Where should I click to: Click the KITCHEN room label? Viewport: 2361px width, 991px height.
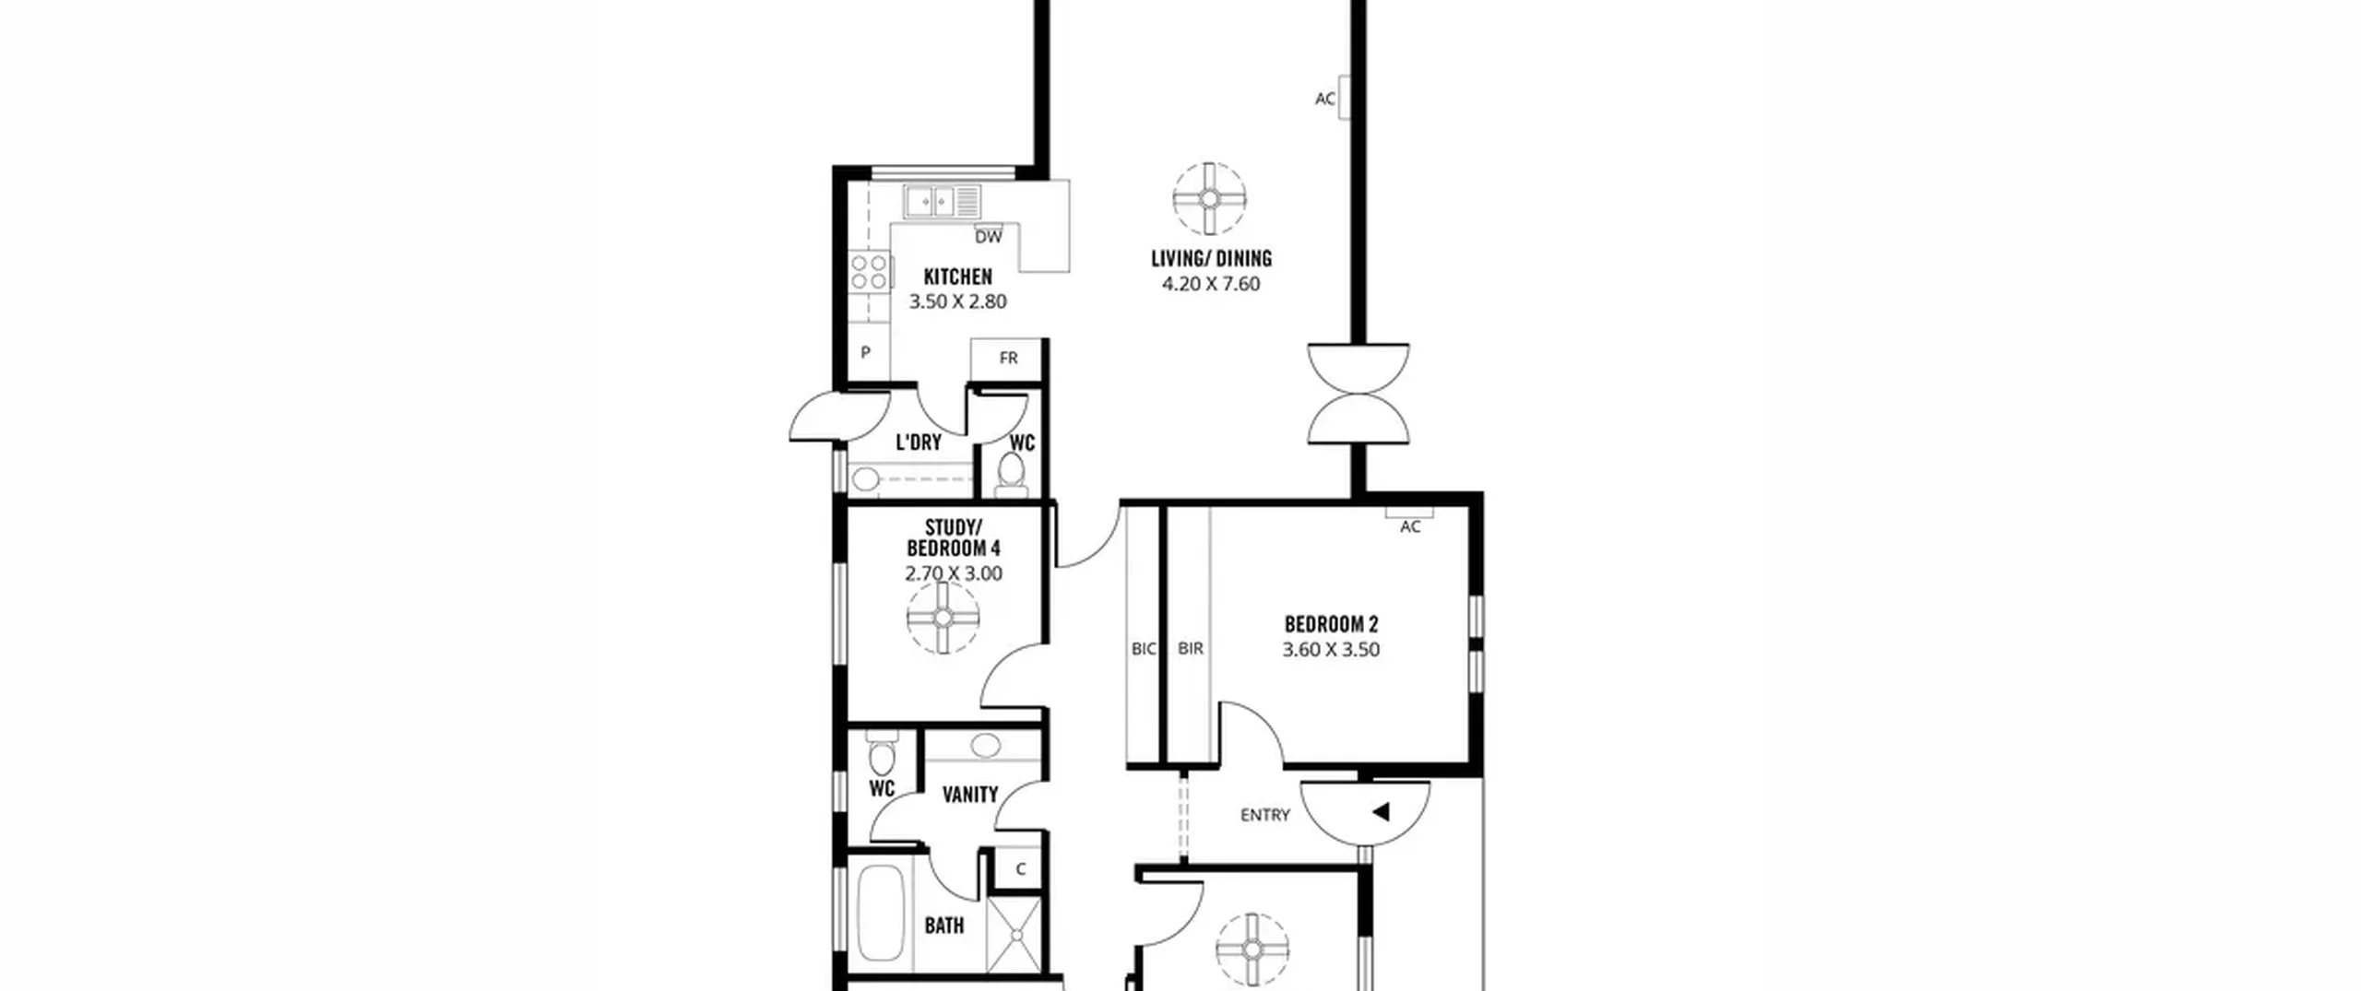click(958, 277)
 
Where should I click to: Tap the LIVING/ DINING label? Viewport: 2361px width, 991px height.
click(1211, 259)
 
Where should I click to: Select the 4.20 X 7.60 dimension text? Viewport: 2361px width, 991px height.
click(1211, 284)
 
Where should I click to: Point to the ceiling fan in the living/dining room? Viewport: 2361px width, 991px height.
click(1209, 198)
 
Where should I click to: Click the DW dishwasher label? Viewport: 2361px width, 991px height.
click(989, 237)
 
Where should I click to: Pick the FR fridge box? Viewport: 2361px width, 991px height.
click(1007, 358)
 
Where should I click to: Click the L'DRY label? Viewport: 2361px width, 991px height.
click(919, 442)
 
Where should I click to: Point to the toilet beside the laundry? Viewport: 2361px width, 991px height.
click(1012, 475)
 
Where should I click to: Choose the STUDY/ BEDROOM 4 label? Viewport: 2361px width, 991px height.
click(954, 537)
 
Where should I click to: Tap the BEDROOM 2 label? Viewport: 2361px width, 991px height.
click(1331, 625)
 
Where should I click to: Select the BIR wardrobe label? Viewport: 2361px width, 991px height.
click(1191, 649)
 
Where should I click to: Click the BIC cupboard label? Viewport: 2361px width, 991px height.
click(1144, 649)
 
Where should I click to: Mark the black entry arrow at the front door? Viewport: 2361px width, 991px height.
click(1381, 812)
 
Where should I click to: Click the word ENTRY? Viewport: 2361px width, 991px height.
click(1264, 815)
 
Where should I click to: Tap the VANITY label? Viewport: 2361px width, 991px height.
click(970, 795)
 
